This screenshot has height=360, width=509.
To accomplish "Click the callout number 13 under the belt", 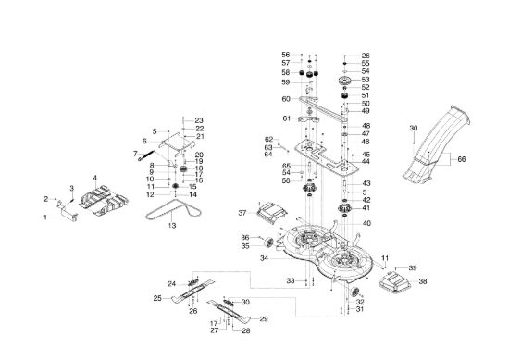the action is pos(172,225).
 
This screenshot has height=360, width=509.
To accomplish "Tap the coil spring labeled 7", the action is pos(146,155).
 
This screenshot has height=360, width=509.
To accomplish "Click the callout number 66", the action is pos(461,159).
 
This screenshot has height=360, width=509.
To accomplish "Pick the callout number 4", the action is pos(95,178).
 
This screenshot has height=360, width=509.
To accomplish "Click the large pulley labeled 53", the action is pos(345,81).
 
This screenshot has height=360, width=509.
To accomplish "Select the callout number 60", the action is pos(286,99).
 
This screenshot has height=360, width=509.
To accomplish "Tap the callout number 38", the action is pos(423,281).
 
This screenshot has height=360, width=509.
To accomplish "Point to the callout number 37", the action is pos(242,213).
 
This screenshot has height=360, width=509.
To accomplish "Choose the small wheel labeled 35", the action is pos(269,242).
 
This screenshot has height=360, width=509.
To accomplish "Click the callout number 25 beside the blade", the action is pos(157,298).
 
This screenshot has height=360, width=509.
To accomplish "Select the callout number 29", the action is pos(264,319).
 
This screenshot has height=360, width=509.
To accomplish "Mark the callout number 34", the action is pos(265,258).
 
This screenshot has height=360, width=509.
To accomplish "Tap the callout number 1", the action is pos(45,217).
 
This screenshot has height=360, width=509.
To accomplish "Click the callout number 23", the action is pos(199,120).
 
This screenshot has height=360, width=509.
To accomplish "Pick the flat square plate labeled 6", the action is pos(177,143).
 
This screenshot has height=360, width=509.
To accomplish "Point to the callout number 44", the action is pos(366,162).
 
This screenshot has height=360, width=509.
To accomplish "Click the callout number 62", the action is pos(268,140).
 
